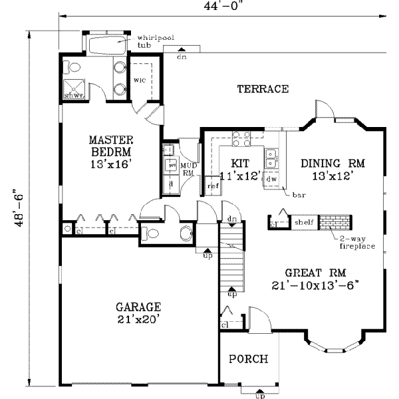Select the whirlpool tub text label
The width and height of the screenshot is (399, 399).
coord(155,42)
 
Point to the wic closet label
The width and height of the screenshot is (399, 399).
coord(140,80)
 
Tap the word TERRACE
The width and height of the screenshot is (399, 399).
coord(263,88)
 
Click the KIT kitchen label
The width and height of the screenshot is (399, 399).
coord(239,162)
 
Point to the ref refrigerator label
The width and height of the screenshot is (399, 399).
coord(213,186)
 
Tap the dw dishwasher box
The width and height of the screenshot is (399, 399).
coord(271,178)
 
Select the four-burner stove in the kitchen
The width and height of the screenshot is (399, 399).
coord(240,139)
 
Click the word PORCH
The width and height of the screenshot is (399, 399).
coord(248,359)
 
